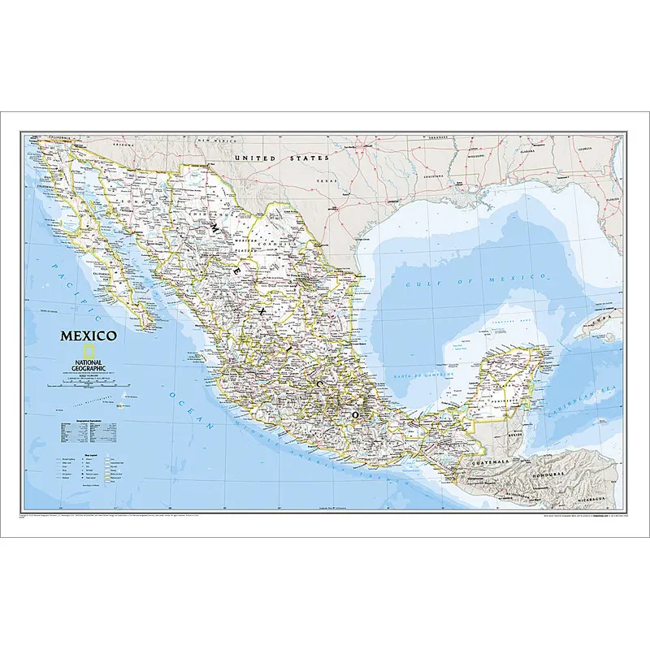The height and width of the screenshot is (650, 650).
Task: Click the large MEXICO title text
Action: [x=87, y=336]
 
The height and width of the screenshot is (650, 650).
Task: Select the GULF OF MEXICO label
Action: [x=478, y=282]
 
